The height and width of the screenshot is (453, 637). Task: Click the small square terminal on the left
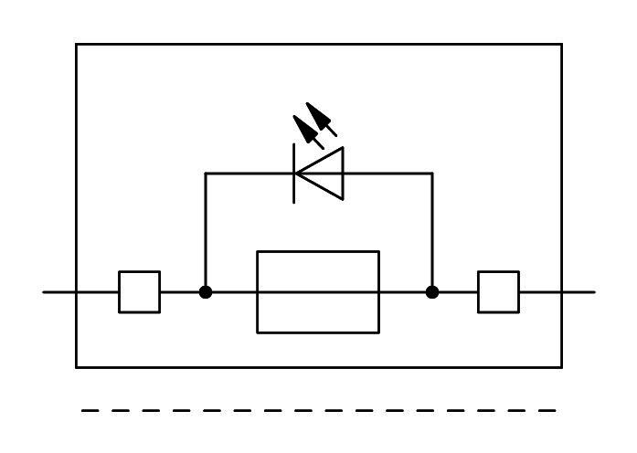[139, 292]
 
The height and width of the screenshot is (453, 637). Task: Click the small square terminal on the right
[498, 292]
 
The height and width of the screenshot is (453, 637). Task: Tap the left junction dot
[206, 292]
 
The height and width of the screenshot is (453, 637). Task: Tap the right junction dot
[432, 292]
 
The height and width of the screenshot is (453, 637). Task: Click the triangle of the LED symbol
[323, 173]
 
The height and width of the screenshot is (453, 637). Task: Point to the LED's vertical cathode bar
[293, 173]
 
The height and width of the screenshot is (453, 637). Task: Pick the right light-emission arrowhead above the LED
[319, 117]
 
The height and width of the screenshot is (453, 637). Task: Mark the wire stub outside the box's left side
[59, 292]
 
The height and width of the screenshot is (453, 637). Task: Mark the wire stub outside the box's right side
[579, 292]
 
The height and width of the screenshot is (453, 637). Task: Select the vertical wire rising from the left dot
[206, 233]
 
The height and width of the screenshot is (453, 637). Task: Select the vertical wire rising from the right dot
[432, 233]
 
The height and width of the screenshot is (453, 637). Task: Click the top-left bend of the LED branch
[206, 173]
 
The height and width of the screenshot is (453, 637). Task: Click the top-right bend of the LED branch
[432, 173]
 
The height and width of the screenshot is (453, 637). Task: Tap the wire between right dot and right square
[456, 292]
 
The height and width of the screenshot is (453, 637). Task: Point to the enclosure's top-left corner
[76, 44]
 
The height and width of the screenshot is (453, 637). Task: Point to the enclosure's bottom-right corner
[561, 367]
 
